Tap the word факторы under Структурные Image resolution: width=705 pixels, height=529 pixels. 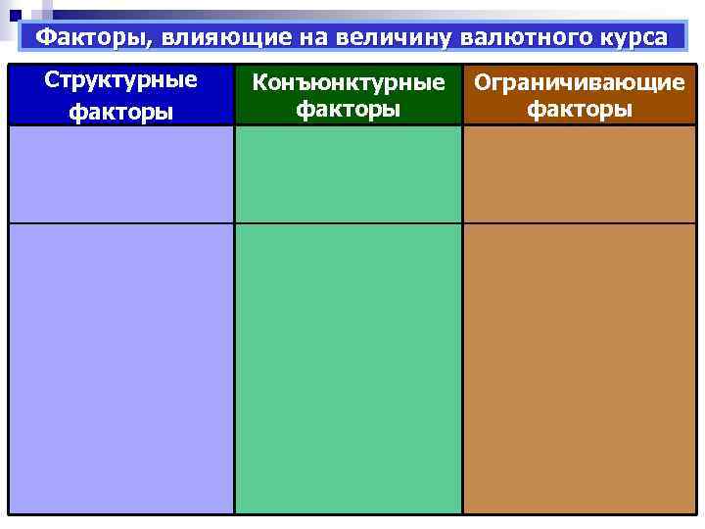tap(121, 111)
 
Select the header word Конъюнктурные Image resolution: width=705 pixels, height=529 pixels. tap(348, 82)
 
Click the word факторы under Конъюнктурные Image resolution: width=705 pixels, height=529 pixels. tap(348, 109)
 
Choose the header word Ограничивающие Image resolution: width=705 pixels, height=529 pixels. tap(580, 82)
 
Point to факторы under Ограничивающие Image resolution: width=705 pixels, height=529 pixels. tap(580, 109)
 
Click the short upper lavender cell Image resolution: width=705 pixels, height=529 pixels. tap(121, 174)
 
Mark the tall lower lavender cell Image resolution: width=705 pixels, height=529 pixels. tap(121, 368)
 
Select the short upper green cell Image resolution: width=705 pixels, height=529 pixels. tap(348, 174)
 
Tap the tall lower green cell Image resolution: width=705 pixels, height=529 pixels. tap(348, 368)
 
